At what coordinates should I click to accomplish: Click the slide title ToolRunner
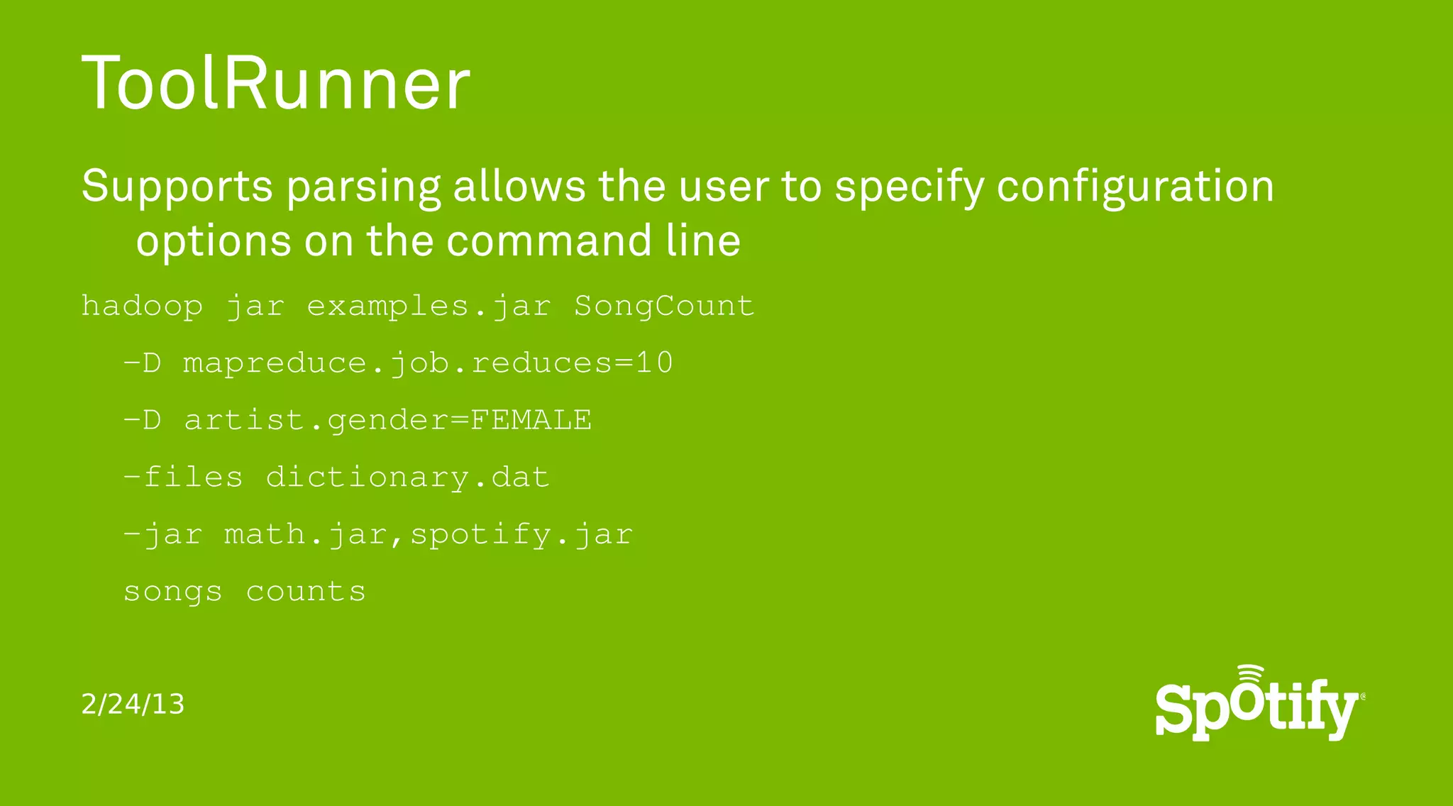pyautogui.click(x=275, y=84)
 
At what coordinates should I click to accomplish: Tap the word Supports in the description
pyautogui.click(x=177, y=187)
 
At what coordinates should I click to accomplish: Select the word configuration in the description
pyautogui.click(x=1135, y=187)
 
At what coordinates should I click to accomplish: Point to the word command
pyautogui.click(x=549, y=241)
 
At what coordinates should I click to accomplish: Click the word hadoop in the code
pyautogui.click(x=142, y=307)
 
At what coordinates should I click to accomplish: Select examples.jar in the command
pyautogui.click(x=429, y=307)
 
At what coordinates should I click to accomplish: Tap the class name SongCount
pyautogui.click(x=664, y=307)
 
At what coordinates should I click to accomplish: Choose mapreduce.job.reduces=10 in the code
pyautogui.click(x=428, y=363)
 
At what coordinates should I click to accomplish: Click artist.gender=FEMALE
pyautogui.click(x=387, y=420)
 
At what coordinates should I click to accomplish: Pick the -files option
pyautogui.click(x=183, y=477)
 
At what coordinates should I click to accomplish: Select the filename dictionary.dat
pyautogui.click(x=407, y=477)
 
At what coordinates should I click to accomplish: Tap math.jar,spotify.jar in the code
pyautogui.click(x=428, y=534)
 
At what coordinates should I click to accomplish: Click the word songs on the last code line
pyautogui.click(x=172, y=592)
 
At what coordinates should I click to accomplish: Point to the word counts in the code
pyautogui.click(x=306, y=592)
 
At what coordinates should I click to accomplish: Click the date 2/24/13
pyautogui.click(x=133, y=705)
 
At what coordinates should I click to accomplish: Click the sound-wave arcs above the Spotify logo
pyautogui.click(x=1251, y=674)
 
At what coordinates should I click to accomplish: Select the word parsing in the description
pyautogui.click(x=363, y=187)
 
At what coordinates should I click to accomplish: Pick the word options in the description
pyautogui.click(x=214, y=241)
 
